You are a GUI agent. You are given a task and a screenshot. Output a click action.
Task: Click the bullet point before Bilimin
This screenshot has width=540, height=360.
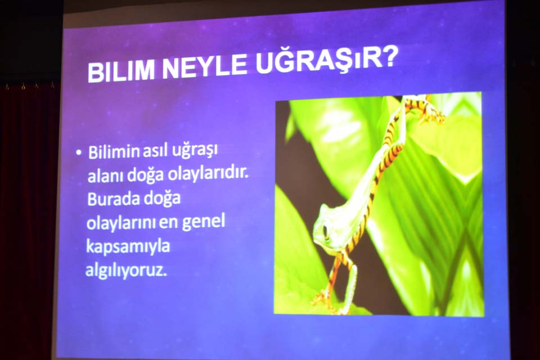[79, 152]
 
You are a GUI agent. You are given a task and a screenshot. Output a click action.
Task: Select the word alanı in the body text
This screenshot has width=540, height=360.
[106, 176]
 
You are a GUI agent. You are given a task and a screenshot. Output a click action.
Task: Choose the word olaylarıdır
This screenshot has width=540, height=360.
[208, 174]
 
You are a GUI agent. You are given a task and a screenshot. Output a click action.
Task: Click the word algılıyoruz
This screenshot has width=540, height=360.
[126, 271]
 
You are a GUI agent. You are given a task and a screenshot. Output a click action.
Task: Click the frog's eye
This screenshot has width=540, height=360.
[326, 232]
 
